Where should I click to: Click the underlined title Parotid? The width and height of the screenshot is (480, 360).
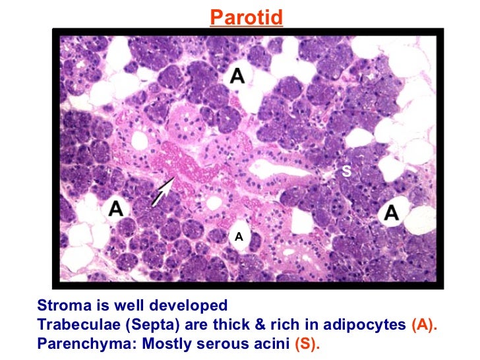(246, 16)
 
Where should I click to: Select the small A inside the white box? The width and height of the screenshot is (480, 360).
(239, 236)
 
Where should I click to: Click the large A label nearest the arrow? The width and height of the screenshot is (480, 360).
(116, 209)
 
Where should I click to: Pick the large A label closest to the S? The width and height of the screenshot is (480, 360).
(392, 212)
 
